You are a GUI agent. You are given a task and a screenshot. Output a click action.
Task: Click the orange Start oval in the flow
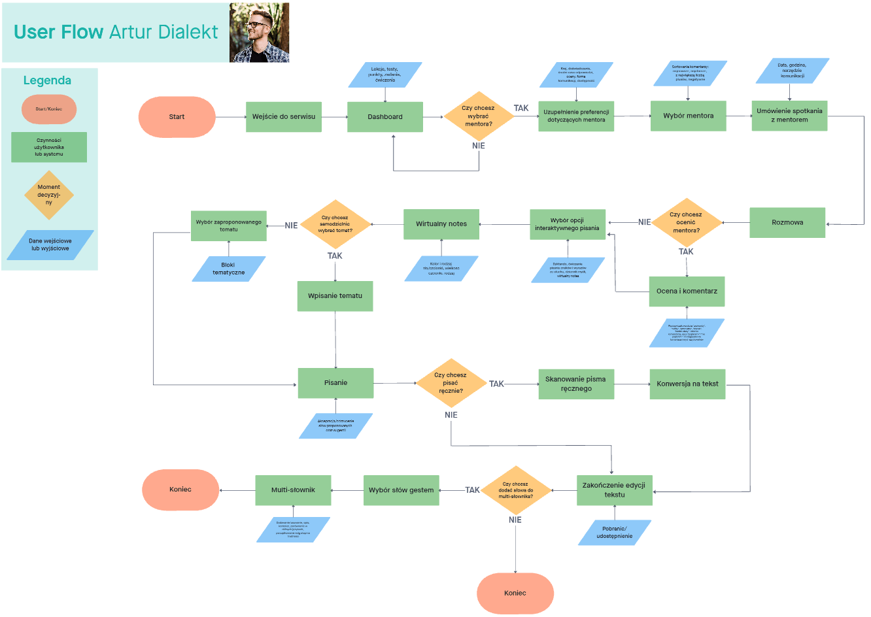pyautogui.click(x=177, y=117)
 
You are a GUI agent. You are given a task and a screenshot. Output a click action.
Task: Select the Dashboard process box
pyautogui.click(x=384, y=117)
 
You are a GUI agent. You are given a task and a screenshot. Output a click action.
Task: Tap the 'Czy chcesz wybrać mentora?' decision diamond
pyautogui.click(x=479, y=116)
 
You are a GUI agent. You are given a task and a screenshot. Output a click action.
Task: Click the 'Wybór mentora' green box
pyautogui.click(x=688, y=116)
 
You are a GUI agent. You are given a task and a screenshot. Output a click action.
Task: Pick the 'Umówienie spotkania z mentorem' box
pyautogui.click(x=789, y=116)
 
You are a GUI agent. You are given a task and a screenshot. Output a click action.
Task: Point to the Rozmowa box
pyautogui.click(x=787, y=222)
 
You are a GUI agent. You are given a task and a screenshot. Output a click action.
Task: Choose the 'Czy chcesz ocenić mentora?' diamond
pyautogui.click(x=686, y=222)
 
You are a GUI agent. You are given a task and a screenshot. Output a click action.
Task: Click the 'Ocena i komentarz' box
pyautogui.click(x=687, y=292)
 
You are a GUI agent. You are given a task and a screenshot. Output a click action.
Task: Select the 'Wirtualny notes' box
pyautogui.click(x=441, y=224)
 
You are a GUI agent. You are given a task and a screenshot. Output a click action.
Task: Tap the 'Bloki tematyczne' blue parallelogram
pyautogui.click(x=228, y=269)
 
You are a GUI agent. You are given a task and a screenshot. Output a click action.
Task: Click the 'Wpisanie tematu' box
pyautogui.click(x=335, y=296)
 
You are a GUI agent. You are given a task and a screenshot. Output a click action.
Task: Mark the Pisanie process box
pyautogui.click(x=335, y=383)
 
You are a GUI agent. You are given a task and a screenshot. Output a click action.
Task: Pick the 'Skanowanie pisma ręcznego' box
pyautogui.click(x=575, y=384)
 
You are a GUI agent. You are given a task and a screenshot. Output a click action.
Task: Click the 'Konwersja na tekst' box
pyautogui.click(x=687, y=384)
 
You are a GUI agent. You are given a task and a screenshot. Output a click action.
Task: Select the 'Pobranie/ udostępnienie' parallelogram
pyautogui.click(x=615, y=532)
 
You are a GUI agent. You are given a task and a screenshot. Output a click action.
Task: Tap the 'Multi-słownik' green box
pyautogui.click(x=293, y=490)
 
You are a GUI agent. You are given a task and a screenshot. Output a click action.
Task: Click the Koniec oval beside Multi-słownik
pyautogui.click(x=180, y=490)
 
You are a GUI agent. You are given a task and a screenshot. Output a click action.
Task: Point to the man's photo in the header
pyautogui.click(x=259, y=33)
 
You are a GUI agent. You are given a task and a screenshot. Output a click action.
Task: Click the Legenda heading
pyautogui.click(x=47, y=80)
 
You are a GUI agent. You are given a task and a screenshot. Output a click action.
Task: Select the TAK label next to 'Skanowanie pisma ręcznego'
pyautogui.click(x=497, y=384)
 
